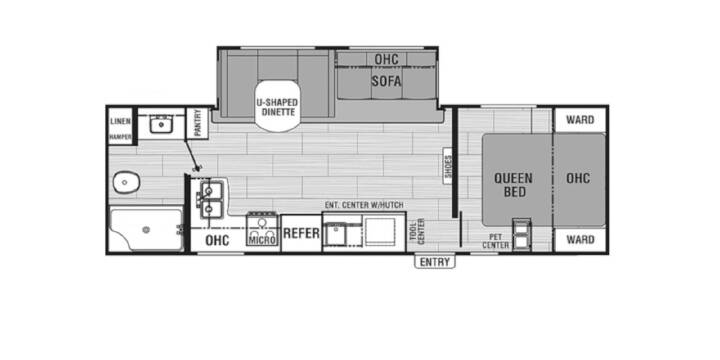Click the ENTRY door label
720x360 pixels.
tap(435, 262)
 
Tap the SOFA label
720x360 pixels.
tap(386, 81)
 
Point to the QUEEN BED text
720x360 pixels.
tap(513, 185)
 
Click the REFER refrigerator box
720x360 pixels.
tap(301, 233)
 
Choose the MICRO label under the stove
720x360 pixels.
tap(262, 240)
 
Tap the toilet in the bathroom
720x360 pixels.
tap(126, 183)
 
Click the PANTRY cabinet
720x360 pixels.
tap(197, 123)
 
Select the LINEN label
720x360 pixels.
tap(121, 121)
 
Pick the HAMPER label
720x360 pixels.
tap(121, 137)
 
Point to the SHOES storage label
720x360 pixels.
tap(449, 166)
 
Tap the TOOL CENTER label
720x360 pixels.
tap(417, 231)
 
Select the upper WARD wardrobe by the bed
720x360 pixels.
tap(580, 120)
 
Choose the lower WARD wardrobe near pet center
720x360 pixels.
tap(580, 240)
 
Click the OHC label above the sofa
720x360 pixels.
tap(386, 59)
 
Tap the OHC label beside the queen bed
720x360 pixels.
tap(578, 178)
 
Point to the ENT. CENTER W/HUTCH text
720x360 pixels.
tap(364, 205)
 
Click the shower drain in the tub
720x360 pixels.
tap(146, 230)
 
